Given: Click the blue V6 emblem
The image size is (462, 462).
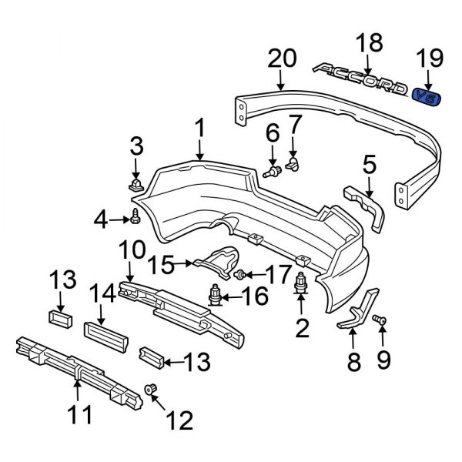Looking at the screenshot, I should pyautogui.click(x=423, y=95).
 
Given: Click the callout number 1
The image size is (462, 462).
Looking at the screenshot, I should pyautogui.click(x=199, y=129).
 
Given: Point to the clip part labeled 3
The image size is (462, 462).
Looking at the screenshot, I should pyautogui.click(x=136, y=185).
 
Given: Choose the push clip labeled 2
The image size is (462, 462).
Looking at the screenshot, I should pyautogui.click(x=302, y=285).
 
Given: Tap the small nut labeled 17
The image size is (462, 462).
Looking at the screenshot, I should pyautogui.click(x=241, y=274).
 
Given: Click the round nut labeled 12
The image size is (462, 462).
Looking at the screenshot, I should pyautogui.click(x=152, y=393).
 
